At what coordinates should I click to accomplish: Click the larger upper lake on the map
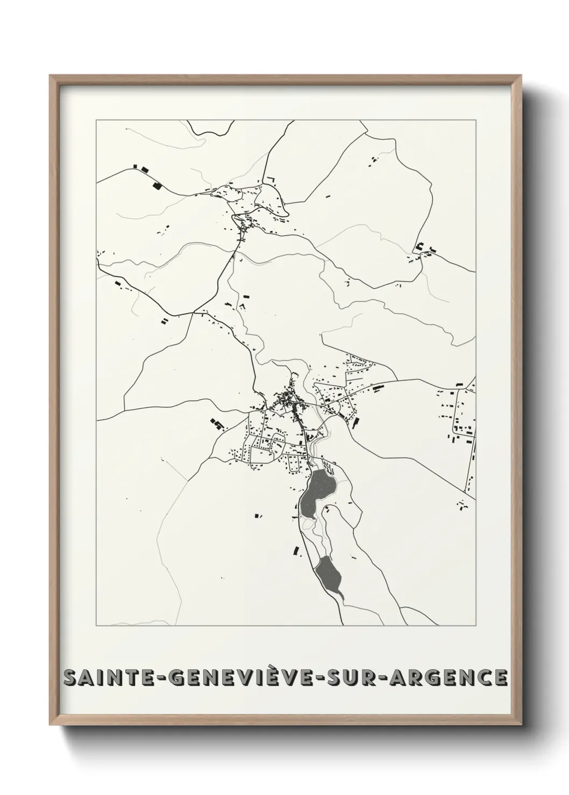(x=317, y=489)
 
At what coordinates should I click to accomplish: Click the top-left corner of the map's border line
(x=96, y=120)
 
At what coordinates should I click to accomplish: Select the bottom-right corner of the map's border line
(x=475, y=626)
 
